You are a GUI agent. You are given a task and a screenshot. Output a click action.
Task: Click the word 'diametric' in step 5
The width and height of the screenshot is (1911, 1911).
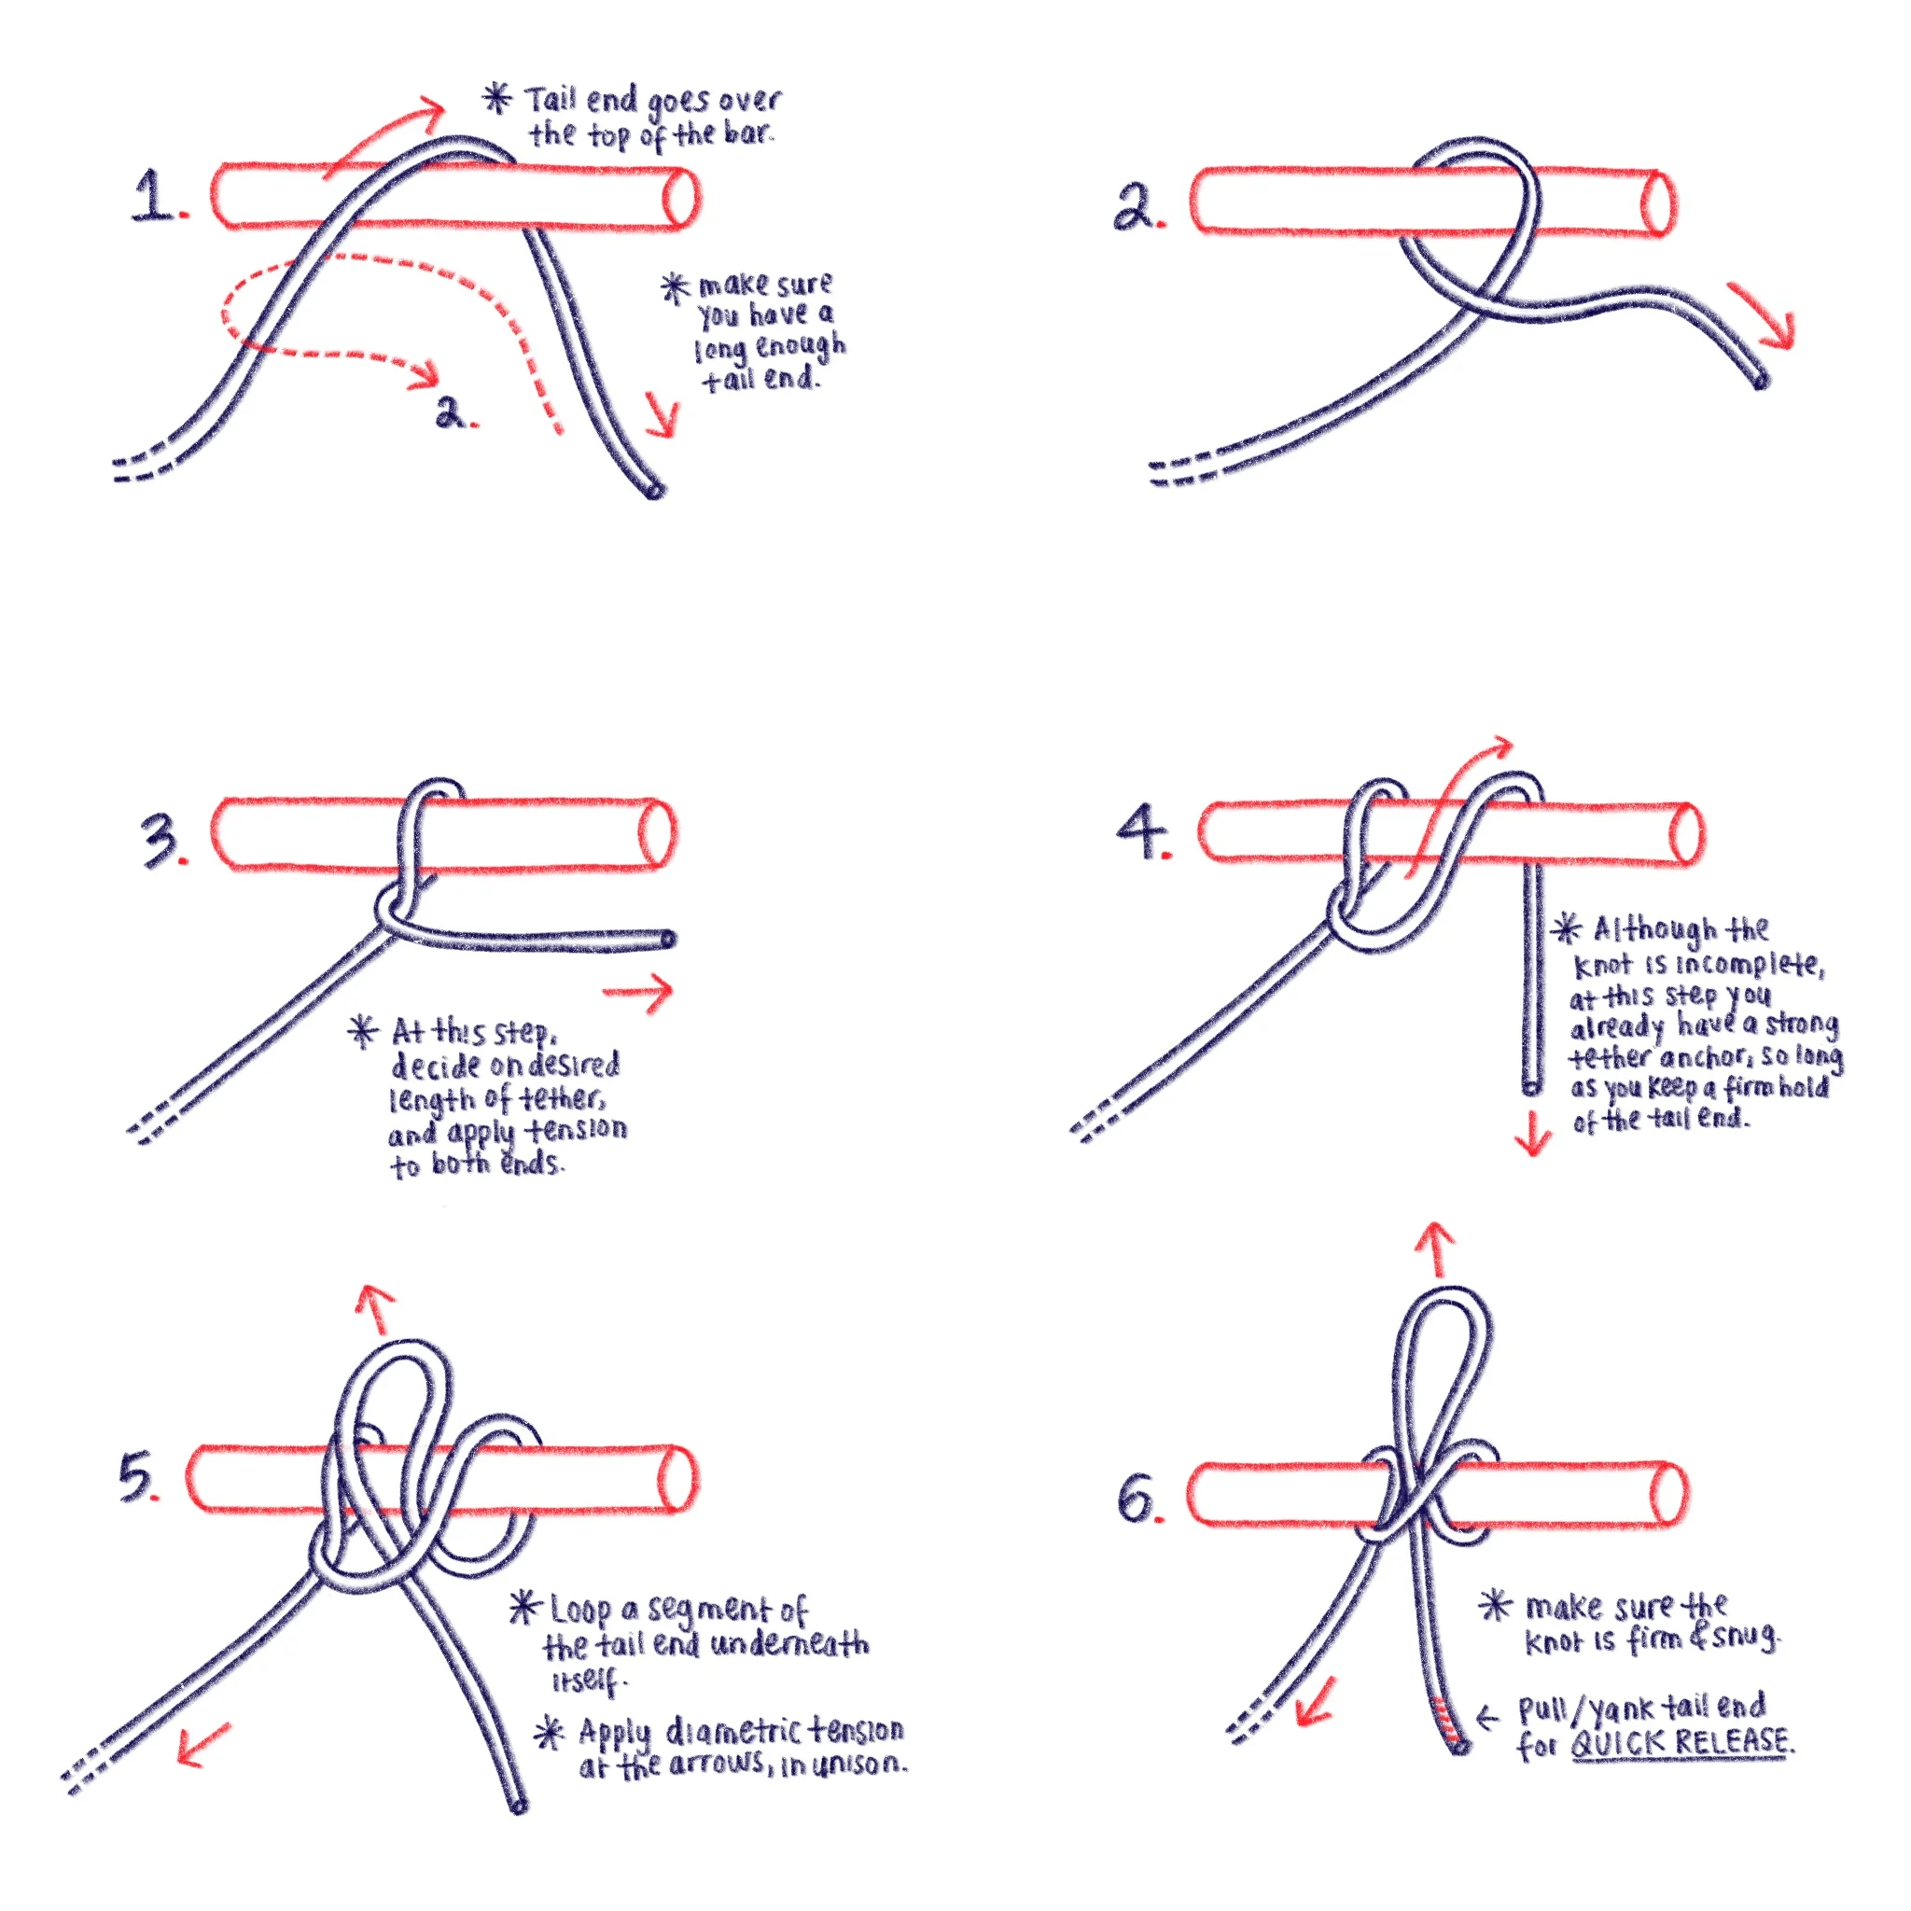pyautogui.click(x=734, y=1732)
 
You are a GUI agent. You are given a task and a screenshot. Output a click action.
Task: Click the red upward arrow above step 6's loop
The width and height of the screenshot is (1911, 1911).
pyautogui.click(x=1436, y=1248)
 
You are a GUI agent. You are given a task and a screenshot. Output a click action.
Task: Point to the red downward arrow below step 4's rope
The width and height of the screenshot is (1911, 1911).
pyautogui.click(x=1532, y=1133)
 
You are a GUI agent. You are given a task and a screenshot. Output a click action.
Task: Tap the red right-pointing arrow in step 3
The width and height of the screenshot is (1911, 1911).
pyautogui.click(x=638, y=990)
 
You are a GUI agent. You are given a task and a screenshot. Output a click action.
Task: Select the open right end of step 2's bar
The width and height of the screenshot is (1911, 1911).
pyautogui.click(x=1658, y=203)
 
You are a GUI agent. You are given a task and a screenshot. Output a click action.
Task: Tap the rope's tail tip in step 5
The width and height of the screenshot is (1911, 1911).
pyautogui.click(x=517, y=1806)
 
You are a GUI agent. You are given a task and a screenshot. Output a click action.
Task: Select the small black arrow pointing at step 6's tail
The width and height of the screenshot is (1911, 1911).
pyautogui.click(x=1487, y=1717)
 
